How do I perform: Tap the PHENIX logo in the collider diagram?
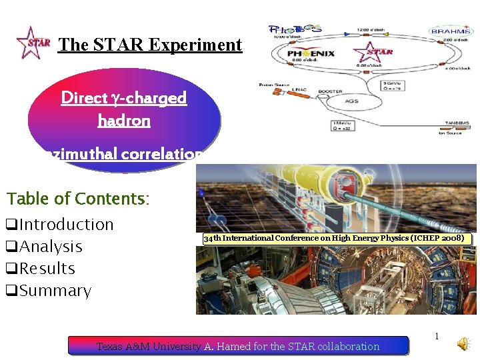tap(311, 53)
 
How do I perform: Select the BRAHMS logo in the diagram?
tap(451, 31)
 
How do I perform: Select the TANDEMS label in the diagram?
tap(459, 123)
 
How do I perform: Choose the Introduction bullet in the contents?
tap(60, 225)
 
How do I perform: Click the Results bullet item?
tap(41, 269)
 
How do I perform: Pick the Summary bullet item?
tap(49, 291)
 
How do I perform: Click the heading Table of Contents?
tap(78, 199)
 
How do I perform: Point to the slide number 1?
tap(437, 337)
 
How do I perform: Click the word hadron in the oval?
tap(124, 121)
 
